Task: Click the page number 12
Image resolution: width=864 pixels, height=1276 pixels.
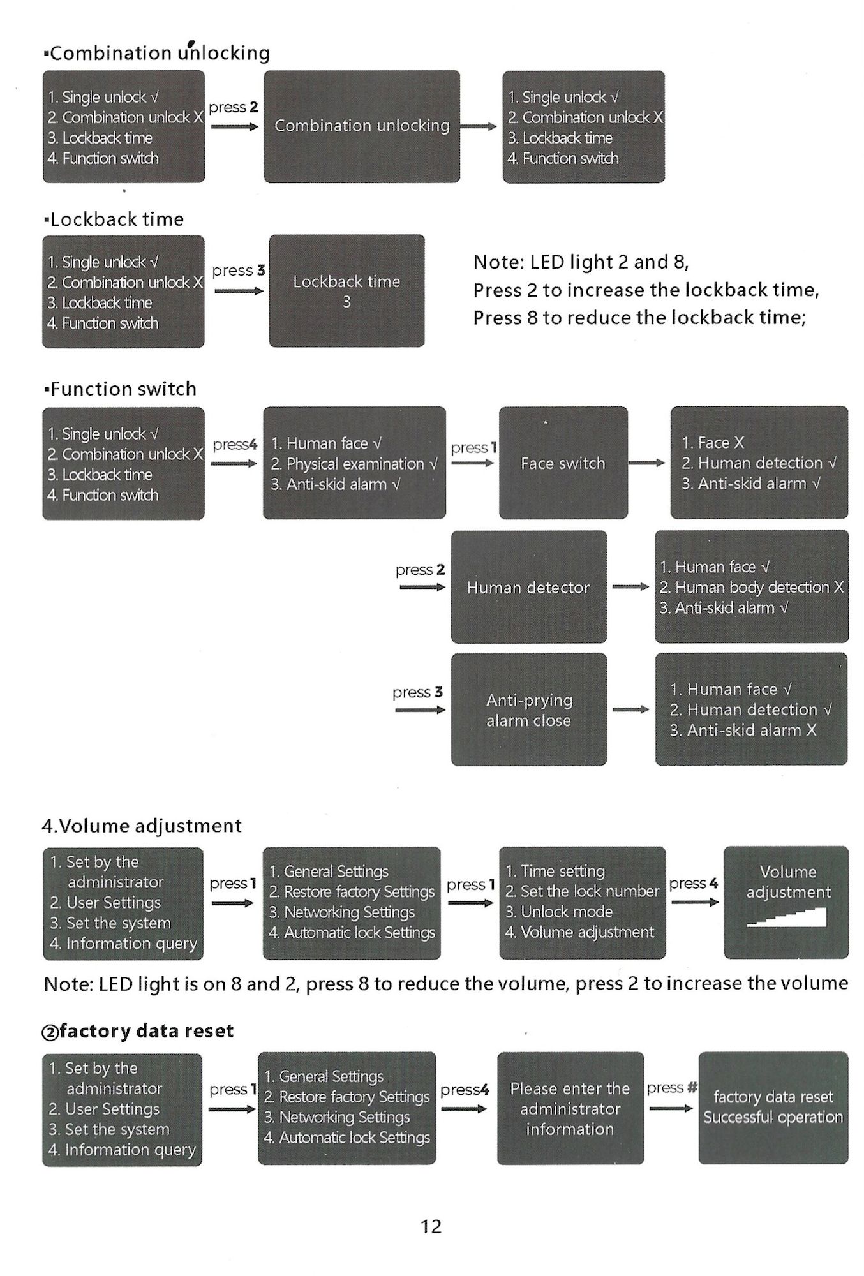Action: pos(431,1226)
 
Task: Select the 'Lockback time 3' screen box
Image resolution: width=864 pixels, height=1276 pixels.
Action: pos(346,291)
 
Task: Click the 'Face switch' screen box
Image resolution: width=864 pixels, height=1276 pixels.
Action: pos(563,463)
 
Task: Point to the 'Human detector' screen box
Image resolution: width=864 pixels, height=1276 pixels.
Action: pos(528,587)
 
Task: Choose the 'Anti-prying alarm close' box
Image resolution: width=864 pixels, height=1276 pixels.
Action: pos(528,709)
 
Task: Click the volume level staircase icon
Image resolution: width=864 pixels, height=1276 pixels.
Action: pos(787,917)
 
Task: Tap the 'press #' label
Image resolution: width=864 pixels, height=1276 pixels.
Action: pos(671,1087)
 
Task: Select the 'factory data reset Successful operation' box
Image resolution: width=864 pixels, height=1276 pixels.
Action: pos(773,1108)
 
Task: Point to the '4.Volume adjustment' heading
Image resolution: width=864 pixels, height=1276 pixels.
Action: pos(142,826)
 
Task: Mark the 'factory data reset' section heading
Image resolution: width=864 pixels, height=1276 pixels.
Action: pos(138,1031)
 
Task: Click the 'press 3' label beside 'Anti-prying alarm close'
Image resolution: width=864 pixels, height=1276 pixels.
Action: pos(417,692)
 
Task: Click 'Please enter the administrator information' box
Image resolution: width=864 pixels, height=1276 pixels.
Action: pos(570,1108)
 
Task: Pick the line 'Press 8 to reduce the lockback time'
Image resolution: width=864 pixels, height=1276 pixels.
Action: pos(639,318)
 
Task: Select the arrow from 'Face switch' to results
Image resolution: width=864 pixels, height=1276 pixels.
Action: pos(647,463)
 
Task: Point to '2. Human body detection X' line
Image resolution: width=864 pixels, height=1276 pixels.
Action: pos(752,587)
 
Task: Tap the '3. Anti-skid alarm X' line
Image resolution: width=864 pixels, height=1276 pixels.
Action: pos(743,730)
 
